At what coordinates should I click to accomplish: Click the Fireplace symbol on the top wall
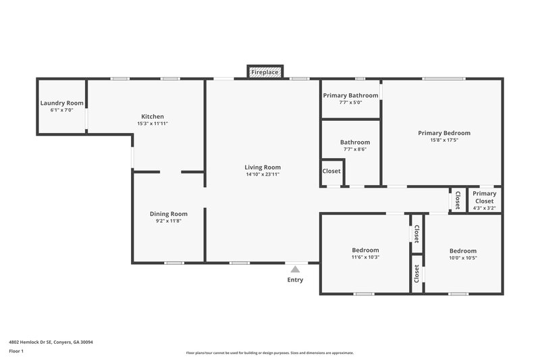point(265,72)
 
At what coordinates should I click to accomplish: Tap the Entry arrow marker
point(295,269)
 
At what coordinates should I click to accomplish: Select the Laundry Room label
point(61,103)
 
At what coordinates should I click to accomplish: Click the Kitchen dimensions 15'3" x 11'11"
point(153,124)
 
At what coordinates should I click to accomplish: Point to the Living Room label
point(263,167)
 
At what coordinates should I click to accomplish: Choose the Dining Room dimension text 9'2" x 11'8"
point(168,221)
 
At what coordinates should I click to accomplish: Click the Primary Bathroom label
point(350,95)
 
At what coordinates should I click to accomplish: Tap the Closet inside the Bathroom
point(331,172)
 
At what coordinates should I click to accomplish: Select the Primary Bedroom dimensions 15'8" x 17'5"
point(443,140)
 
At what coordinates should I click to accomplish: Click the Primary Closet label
point(484,197)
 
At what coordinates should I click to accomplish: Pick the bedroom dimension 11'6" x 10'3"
point(365,257)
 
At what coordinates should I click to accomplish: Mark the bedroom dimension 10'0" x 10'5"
point(462,257)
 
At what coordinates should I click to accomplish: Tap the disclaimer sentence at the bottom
point(269,353)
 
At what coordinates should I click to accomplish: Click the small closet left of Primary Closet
point(458,200)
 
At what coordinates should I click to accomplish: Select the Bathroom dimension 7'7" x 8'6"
point(355,150)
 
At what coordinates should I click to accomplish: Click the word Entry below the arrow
point(295,280)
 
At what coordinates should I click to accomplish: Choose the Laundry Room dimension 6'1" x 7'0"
point(61,110)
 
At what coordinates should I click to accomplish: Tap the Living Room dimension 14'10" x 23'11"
point(263,174)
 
